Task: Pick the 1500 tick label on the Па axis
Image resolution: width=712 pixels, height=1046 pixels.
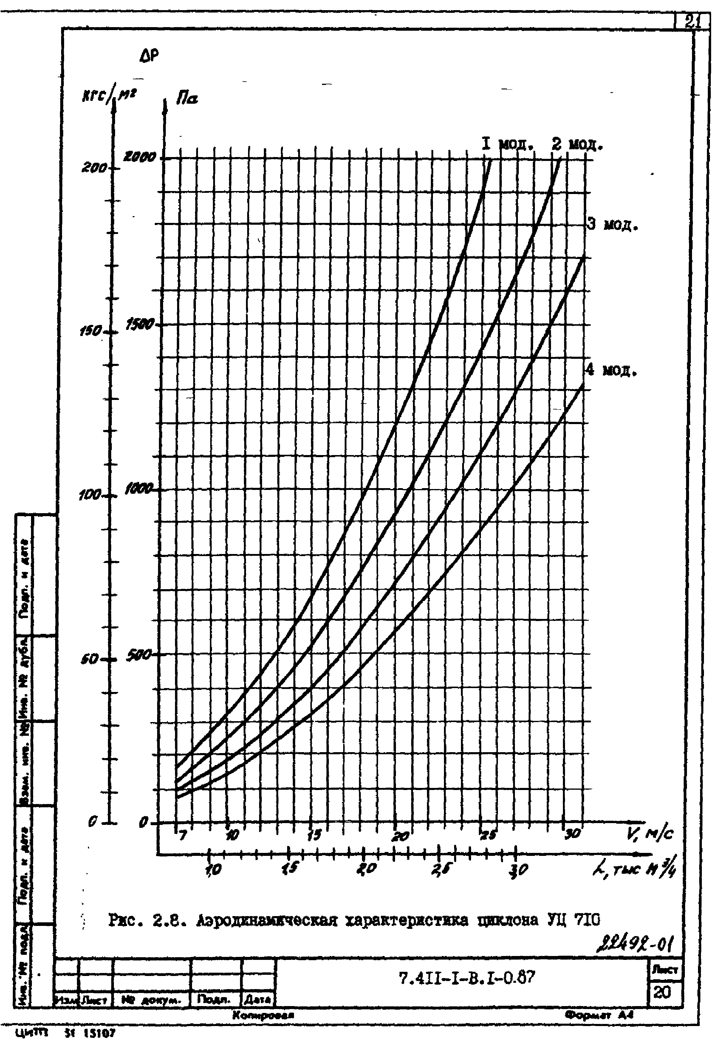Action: coord(140,324)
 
